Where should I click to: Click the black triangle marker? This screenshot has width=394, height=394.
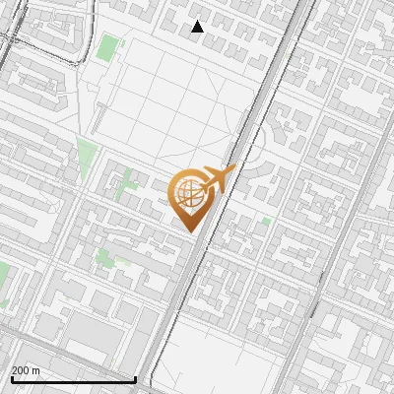pyautogui.click(x=197, y=27)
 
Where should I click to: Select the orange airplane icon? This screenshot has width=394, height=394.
pyautogui.click(x=216, y=179)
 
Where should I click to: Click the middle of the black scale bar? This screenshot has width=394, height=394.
pyautogui.click(x=73, y=379)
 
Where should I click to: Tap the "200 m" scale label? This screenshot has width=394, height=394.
pyautogui.click(x=26, y=370)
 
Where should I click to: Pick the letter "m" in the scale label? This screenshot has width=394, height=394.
pyautogui.click(x=35, y=370)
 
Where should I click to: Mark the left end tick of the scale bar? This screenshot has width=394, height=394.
pyautogui.click(x=11, y=378)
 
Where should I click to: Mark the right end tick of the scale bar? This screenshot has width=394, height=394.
pyautogui.click(x=135, y=378)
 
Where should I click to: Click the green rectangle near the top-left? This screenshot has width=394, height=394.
pyautogui.click(x=107, y=47)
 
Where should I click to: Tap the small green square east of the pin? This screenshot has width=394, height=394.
pyautogui.click(x=266, y=222)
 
